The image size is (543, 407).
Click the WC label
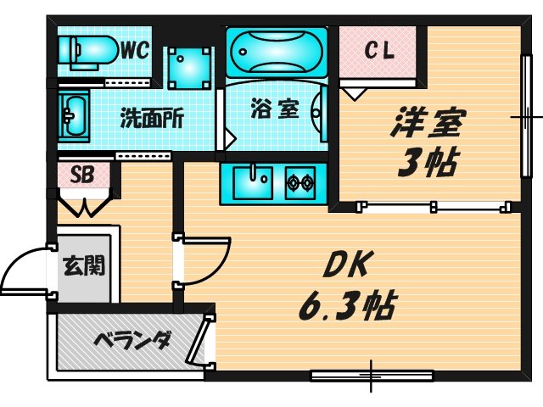[x=135, y=51]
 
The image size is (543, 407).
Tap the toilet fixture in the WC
[x=87, y=52]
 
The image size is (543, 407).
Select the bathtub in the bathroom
[x=277, y=53]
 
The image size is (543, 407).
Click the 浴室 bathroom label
[x=275, y=109]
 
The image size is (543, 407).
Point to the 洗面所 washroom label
[x=152, y=119]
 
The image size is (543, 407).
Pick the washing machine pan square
[x=190, y=68]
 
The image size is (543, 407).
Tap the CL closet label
[x=379, y=51]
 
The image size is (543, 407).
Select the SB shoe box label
[x=82, y=175]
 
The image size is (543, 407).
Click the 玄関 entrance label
[x=84, y=265]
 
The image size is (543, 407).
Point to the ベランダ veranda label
[x=133, y=341]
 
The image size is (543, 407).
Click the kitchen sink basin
[x=253, y=183]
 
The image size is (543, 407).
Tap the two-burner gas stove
[x=300, y=183]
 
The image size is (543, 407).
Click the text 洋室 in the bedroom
[x=427, y=123]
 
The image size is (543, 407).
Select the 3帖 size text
[x=426, y=163]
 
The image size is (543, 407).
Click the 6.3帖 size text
[x=347, y=306]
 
